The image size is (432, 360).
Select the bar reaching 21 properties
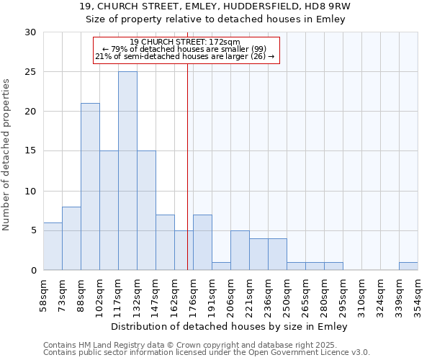(x=90, y=186)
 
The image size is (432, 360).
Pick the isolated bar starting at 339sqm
(x=408, y=266)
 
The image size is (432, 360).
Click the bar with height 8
(x=71, y=238)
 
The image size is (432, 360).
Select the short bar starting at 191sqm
(x=221, y=266)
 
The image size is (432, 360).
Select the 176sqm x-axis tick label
(x=194, y=295)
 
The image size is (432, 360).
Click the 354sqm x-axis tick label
(x=418, y=295)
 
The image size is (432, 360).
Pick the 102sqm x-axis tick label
(x=99, y=295)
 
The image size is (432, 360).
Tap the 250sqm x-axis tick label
(x=287, y=295)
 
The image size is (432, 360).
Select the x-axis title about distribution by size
(x=230, y=327)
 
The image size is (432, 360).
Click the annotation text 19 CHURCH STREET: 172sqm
(x=186, y=42)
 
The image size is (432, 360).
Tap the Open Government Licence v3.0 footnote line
(x=207, y=353)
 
